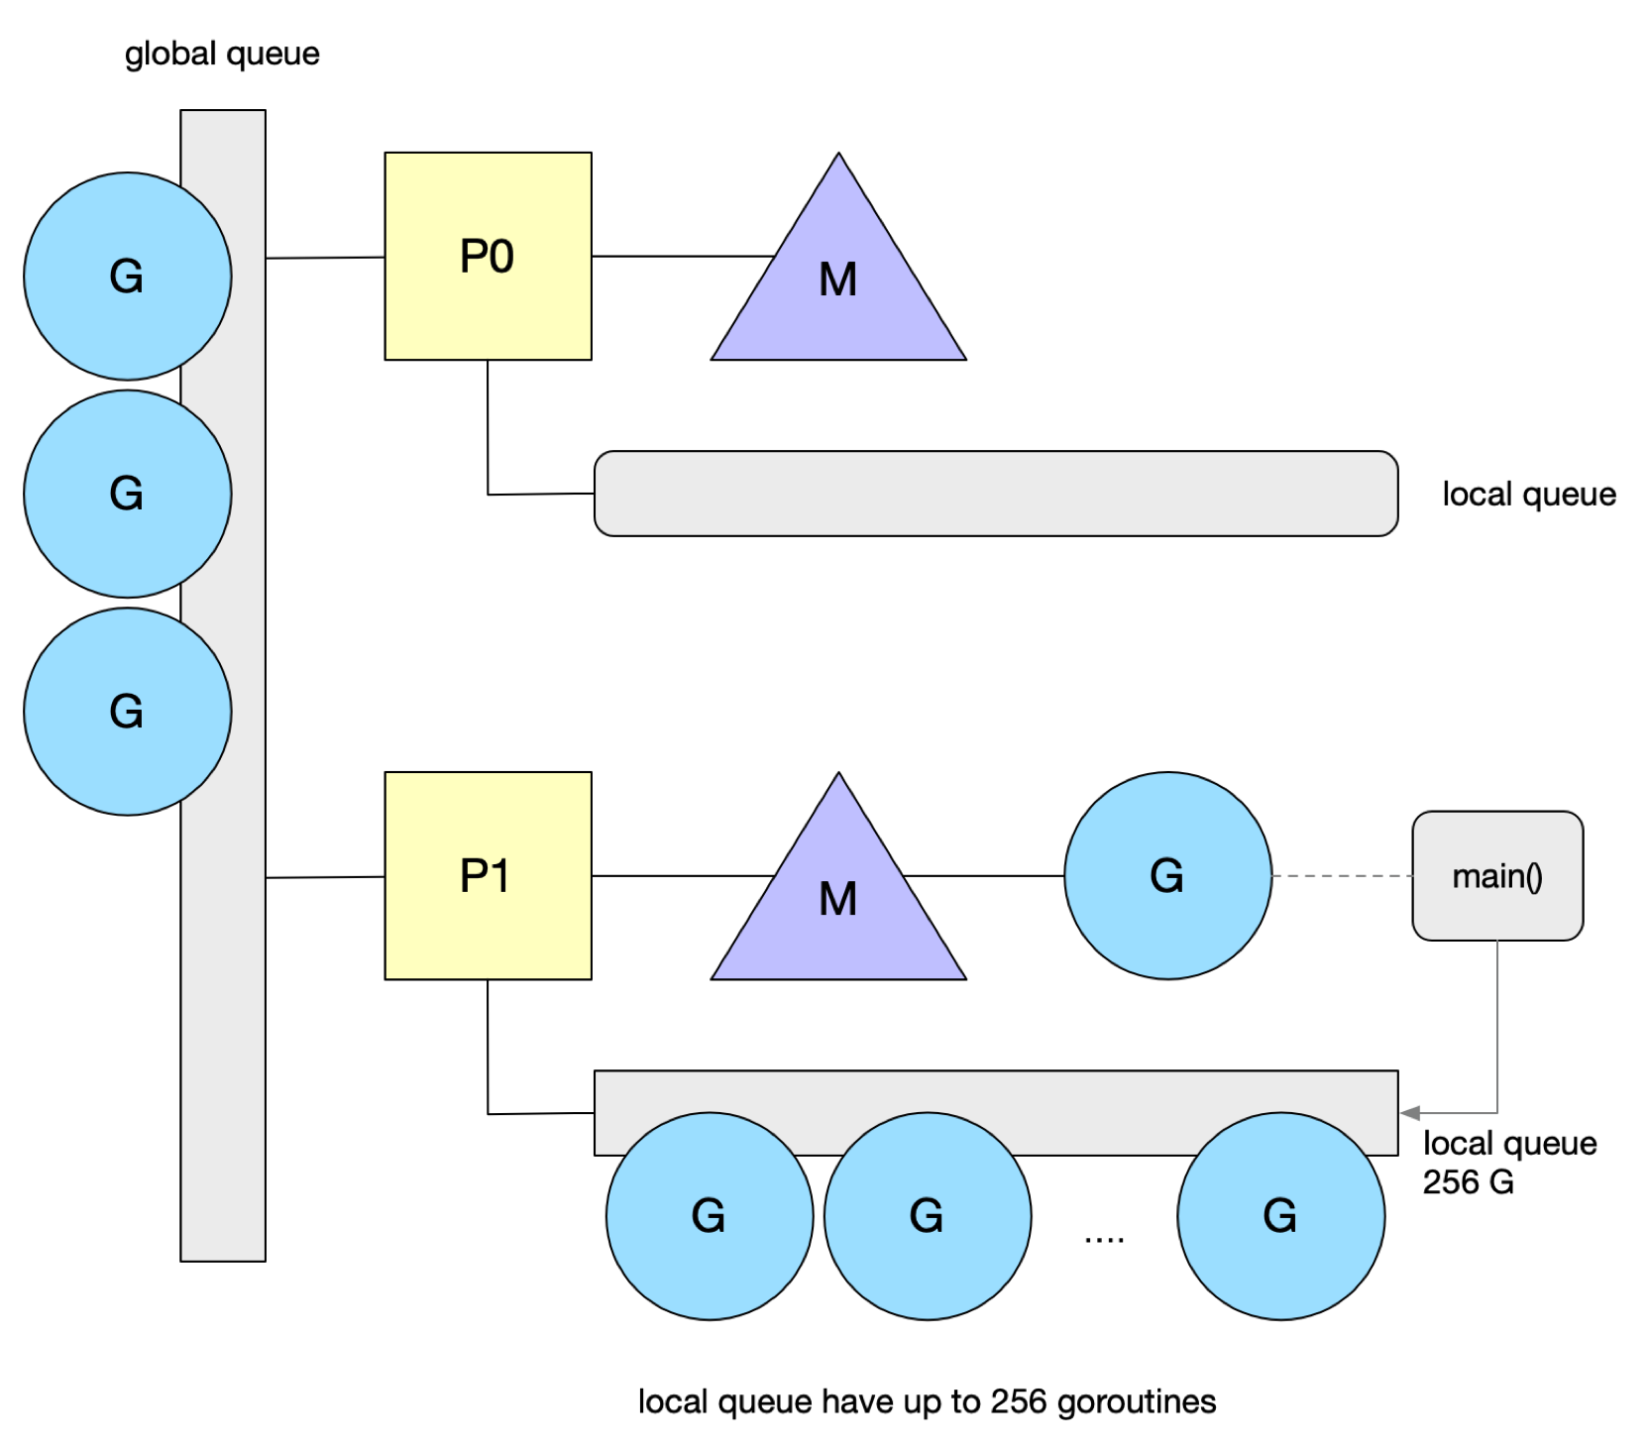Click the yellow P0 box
(x=488, y=256)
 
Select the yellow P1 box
(x=488, y=875)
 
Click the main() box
(x=1497, y=875)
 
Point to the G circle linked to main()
(x=1167, y=875)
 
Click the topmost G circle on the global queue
(x=128, y=276)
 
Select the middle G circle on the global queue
(x=128, y=494)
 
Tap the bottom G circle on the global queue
(x=128, y=712)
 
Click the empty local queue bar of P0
(x=996, y=494)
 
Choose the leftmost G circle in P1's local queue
(x=710, y=1216)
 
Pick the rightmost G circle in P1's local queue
(x=1281, y=1216)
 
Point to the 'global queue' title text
(x=222, y=54)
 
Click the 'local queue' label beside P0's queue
(x=1529, y=494)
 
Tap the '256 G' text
(x=1469, y=1181)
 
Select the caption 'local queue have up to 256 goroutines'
(x=927, y=1401)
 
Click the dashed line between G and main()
(x=1342, y=876)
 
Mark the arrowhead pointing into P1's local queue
(x=1410, y=1113)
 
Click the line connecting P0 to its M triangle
(x=683, y=257)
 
